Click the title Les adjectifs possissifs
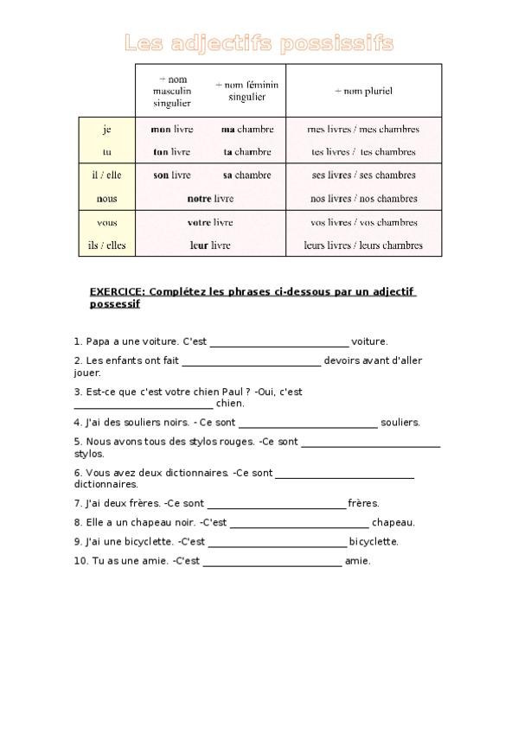[x=259, y=42]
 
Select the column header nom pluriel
[x=363, y=90]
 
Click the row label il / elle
[x=107, y=175]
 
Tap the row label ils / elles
[x=107, y=245]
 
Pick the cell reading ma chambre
[x=247, y=129]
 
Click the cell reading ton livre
[x=171, y=151]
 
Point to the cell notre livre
[x=210, y=198]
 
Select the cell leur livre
[x=210, y=245]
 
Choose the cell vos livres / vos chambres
[x=363, y=222]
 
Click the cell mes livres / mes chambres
[x=363, y=129]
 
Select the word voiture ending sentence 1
[x=369, y=341]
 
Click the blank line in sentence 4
[x=308, y=424]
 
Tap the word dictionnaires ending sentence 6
[x=100, y=485]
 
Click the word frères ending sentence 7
[x=363, y=502]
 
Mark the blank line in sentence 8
[x=299, y=523]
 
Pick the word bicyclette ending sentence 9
[x=374, y=542]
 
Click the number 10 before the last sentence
[x=80, y=561]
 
